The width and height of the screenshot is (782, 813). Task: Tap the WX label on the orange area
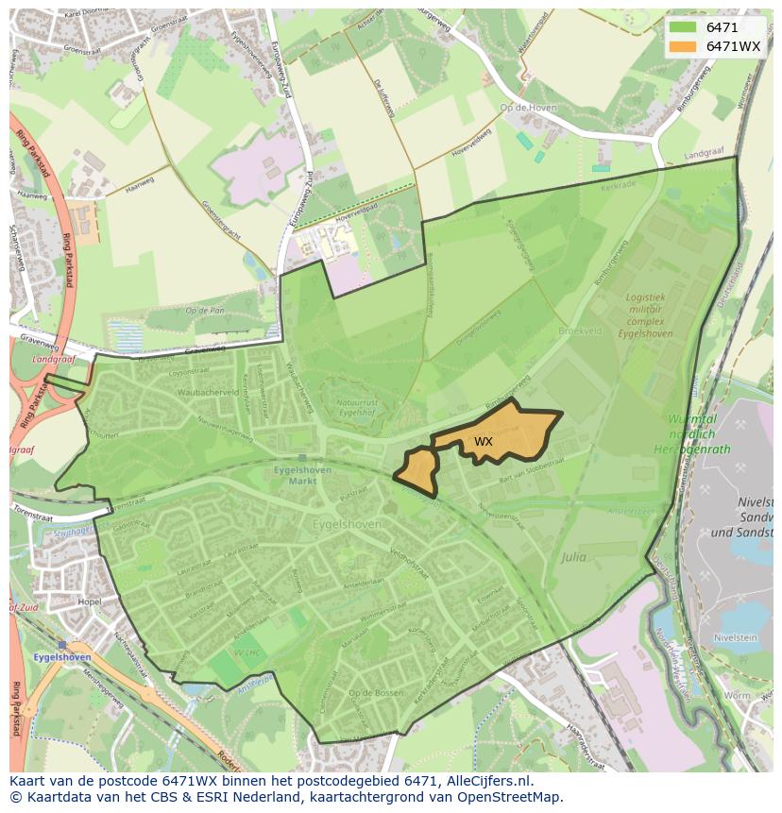483,441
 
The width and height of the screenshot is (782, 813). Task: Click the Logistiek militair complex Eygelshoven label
644,315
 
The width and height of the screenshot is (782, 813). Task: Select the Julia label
572,557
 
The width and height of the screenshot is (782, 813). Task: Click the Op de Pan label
205,311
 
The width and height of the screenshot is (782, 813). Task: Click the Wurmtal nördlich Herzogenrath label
691,432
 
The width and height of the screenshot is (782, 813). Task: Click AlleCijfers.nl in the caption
488,782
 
